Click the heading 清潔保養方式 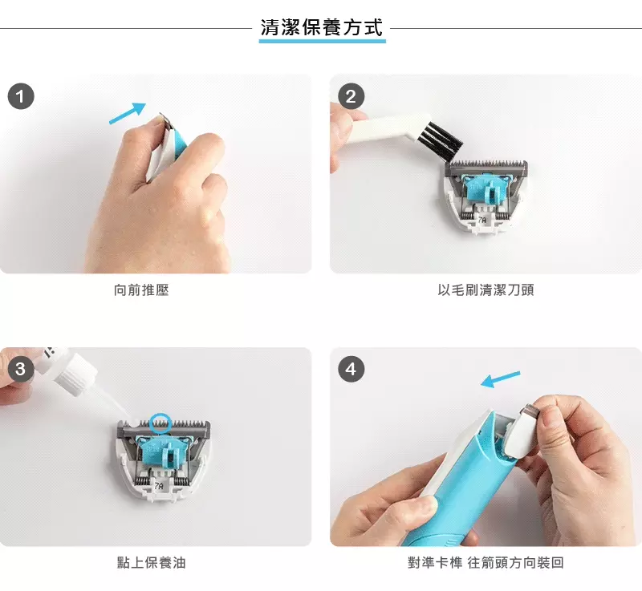(322, 27)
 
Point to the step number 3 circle (20, 369)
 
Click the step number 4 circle (351, 369)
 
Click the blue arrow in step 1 (128, 114)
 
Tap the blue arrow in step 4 (500, 378)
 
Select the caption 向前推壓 (141, 290)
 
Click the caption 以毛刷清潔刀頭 (486, 290)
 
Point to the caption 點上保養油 (152, 563)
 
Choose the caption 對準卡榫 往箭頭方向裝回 (486, 563)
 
